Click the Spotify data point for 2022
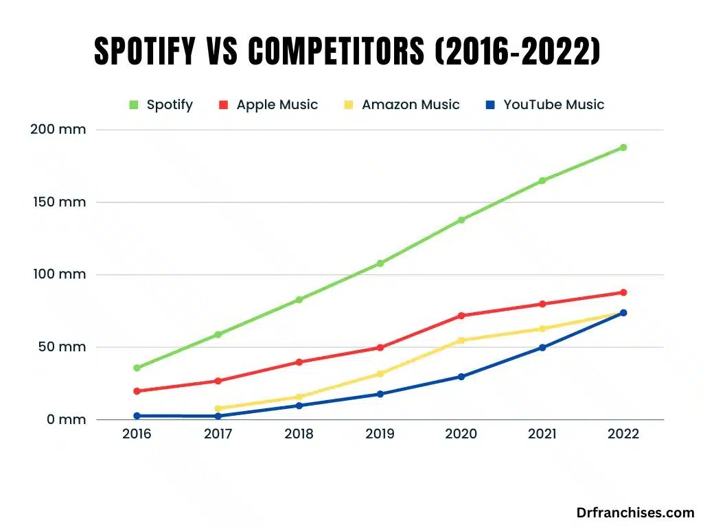click(623, 148)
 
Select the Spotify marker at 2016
click(137, 368)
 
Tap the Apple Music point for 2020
click(461, 316)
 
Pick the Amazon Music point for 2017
click(218, 408)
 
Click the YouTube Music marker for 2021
click(542, 348)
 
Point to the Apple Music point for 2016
click(137, 391)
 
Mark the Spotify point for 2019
click(380, 263)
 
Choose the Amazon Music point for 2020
click(461, 340)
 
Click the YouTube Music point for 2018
click(299, 406)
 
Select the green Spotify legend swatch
click(133, 105)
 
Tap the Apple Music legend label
click(277, 105)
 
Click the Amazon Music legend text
click(411, 105)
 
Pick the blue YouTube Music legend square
click(490, 105)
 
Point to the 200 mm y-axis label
click(58, 130)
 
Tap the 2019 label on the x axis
click(380, 434)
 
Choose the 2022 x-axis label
click(623, 434)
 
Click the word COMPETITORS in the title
click(332, 52)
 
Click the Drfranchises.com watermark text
click(635, 513)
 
